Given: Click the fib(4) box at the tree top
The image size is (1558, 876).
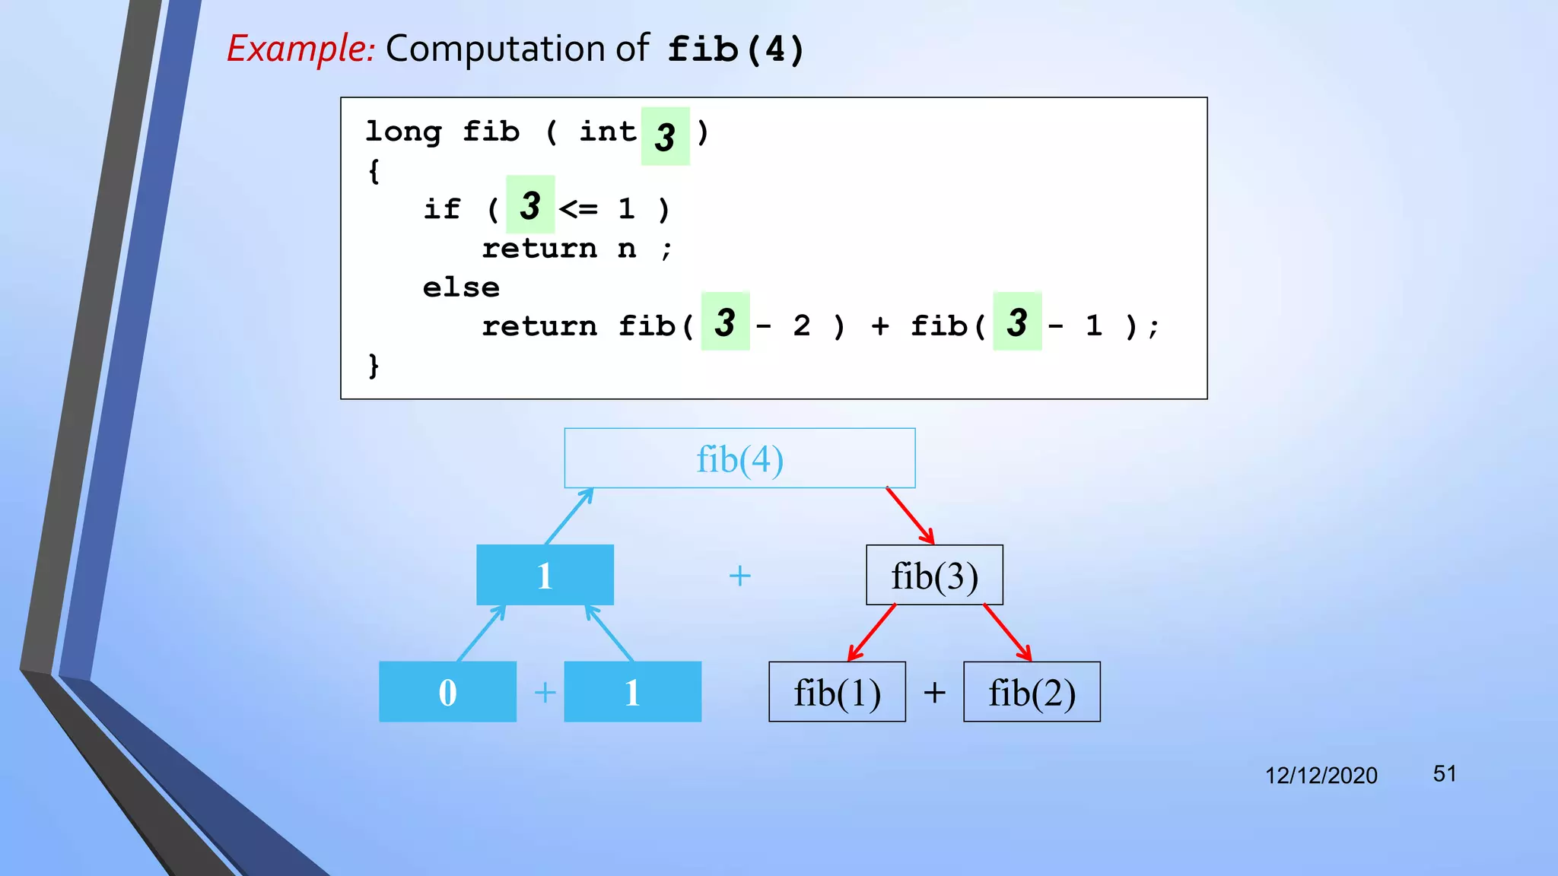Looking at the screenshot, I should coord(739,459).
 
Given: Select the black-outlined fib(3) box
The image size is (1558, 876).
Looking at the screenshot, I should coord(934,576).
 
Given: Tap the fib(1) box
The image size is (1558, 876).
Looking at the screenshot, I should coord(837,692).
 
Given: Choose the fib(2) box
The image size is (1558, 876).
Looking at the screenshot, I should coord(1032,692).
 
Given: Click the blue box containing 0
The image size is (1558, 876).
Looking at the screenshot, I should coord(447,692).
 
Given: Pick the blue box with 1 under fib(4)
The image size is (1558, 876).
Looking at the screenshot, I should coord(545,576).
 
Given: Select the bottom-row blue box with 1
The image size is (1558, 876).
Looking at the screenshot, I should coord(632,692).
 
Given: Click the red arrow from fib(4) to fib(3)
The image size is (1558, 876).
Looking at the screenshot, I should coord(910,516).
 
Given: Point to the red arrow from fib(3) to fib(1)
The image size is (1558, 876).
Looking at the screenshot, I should coord(872,633).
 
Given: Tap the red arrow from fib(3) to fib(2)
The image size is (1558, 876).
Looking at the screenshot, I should coord(1007,633).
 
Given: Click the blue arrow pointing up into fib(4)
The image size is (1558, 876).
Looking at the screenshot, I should coord(569,516).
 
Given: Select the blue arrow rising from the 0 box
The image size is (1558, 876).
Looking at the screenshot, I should coord(481,633).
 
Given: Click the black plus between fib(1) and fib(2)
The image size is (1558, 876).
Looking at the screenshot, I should coord(934,693).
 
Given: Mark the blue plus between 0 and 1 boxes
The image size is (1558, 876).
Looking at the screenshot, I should coord(545,693).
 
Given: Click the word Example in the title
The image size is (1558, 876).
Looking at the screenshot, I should coord(300,49).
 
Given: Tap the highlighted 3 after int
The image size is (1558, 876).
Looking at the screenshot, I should coord(665,137).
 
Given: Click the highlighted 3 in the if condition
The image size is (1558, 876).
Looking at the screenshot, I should coord(530,205).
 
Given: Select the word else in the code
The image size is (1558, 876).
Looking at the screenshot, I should coord(461,287).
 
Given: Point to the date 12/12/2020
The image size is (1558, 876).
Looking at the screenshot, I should coord(1321,776).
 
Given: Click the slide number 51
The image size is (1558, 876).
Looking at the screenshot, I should coord(1444,774).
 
